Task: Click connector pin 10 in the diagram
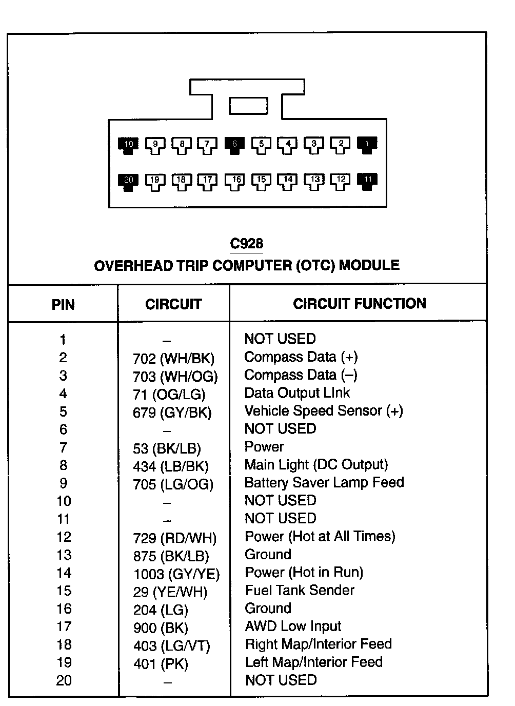pos(128,145)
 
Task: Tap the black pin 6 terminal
pos(234,145)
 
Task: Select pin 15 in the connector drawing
pos(261,181)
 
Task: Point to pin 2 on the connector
pos(341,145)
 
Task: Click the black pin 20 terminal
pos(128,181)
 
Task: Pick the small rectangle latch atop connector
pos(248,106)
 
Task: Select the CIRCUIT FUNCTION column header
pos(359,304)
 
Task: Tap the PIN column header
pos(63,305)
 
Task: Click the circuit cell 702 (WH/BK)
pos(173,359)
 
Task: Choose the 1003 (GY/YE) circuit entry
pos(176,574)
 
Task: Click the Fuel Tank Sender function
pos(300,590)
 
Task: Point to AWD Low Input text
pos(293,626)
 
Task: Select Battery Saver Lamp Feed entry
pos(324,483)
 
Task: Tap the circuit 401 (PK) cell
pos(161,664)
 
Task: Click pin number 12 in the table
pos(64,537)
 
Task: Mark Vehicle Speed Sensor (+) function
pos(324,411)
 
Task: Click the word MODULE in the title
pos(369,265)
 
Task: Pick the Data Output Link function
pos(297,393)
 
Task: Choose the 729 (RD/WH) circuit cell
pos(174,538)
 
